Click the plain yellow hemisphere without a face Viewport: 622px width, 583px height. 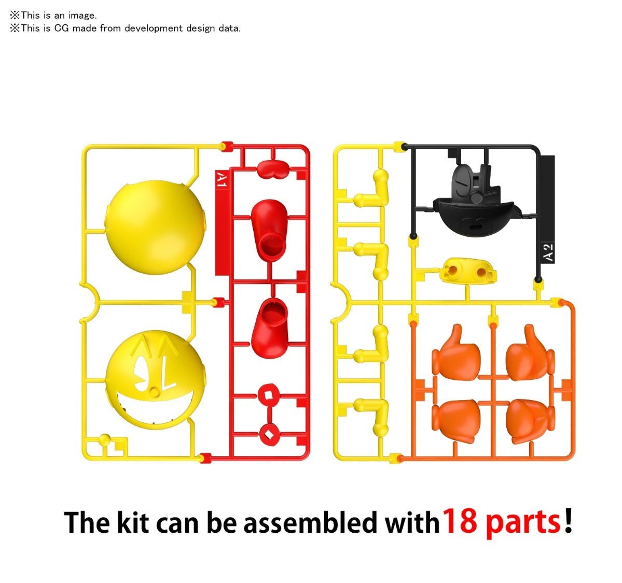[x=155, y=227]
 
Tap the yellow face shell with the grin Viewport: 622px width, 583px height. [x=156, y=380]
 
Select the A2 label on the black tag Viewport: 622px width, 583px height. [x=548, y=252]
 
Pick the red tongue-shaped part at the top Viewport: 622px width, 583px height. [x=273, y=169]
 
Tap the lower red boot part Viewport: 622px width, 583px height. [x=270, y=328]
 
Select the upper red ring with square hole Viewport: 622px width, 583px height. [x=269, y=395]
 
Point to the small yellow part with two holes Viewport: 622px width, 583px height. [x=468, y=272]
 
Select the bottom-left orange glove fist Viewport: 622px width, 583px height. [x=456, y=420]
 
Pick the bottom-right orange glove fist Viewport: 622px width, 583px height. [x=530, y=421]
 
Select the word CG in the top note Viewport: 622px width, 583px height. [x=62, y=28]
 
